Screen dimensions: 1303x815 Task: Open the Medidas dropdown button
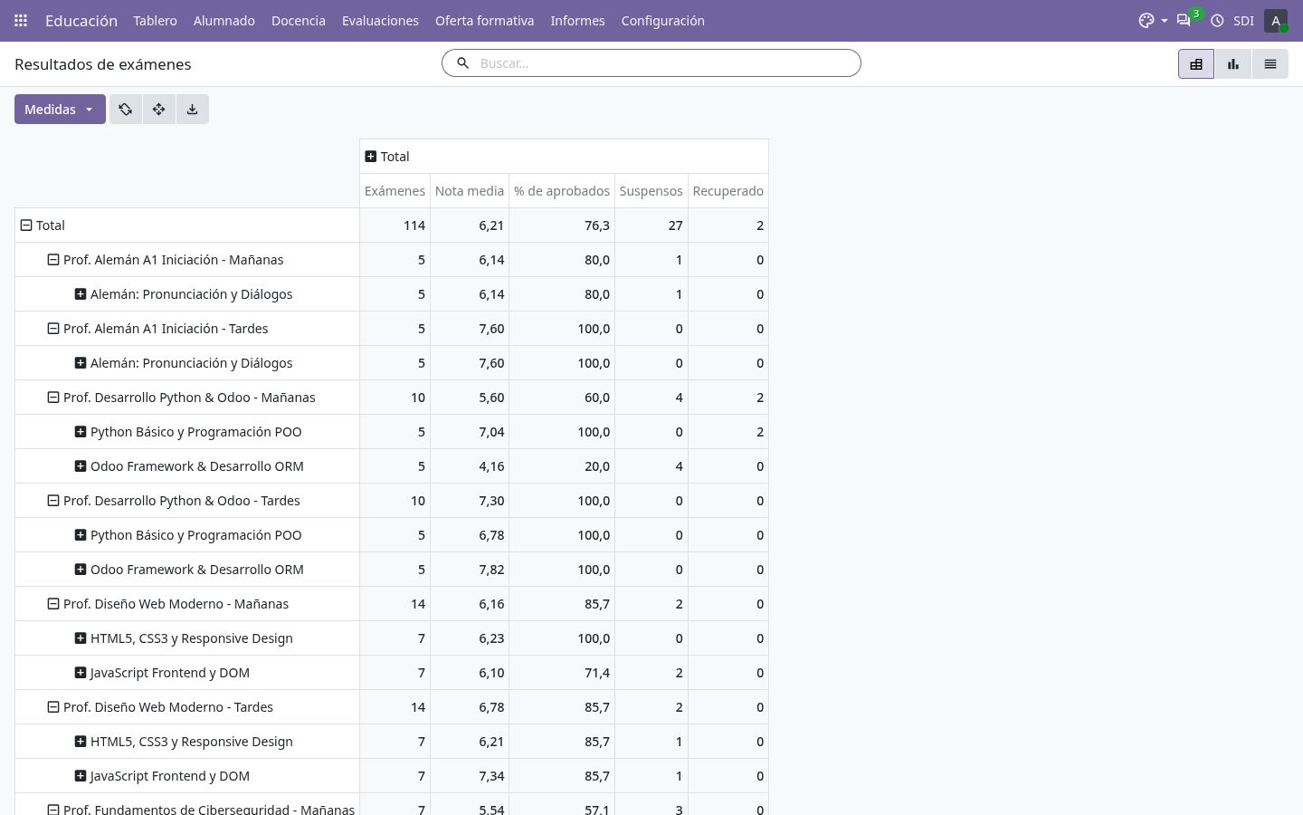60,109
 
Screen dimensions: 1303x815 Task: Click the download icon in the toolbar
192,109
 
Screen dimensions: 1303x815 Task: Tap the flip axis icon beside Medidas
125,109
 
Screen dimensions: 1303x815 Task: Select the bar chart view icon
1232,64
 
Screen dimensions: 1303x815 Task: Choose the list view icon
1270,64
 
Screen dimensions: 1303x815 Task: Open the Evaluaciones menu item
380,20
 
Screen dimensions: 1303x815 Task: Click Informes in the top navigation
577,20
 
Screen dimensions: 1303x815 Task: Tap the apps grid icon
20,20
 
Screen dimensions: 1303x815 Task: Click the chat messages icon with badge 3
1184,20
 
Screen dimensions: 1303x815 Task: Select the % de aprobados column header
561,191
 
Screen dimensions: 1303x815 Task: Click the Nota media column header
470,191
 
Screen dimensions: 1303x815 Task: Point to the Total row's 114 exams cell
414,225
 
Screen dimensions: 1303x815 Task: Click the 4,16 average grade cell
491,466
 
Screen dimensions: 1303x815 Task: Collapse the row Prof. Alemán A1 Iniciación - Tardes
52,329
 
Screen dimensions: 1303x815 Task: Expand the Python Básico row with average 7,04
81,431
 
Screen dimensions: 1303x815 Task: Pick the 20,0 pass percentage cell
597,466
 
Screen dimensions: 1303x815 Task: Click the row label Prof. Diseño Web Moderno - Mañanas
176,604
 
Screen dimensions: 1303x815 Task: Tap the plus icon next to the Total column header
371,156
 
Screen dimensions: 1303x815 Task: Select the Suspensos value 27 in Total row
675,225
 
